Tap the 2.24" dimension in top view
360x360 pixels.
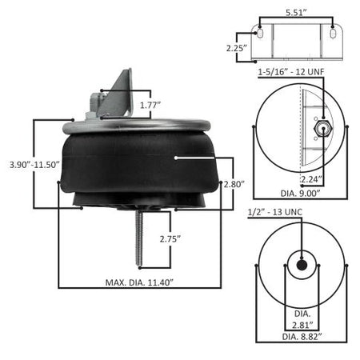coord(311,179)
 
